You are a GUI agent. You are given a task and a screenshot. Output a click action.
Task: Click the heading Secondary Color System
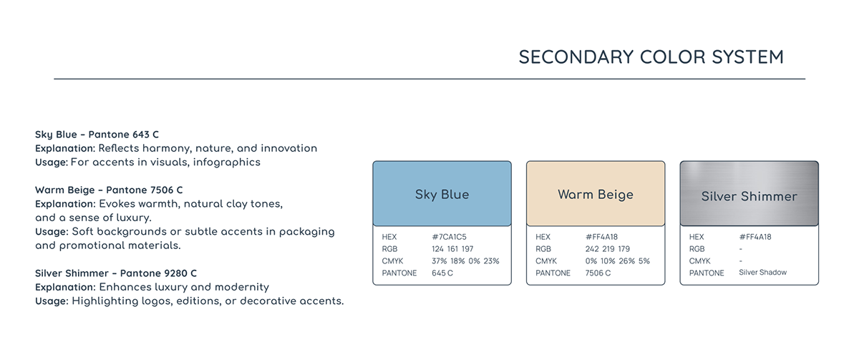coord(651,57)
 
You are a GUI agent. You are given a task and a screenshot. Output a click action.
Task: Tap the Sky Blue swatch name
coord(442,195)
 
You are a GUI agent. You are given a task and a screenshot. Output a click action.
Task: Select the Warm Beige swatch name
coord(596,195)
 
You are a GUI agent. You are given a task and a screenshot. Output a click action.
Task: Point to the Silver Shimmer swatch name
coord(749,196)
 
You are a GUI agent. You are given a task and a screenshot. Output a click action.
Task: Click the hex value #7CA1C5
coord(449,237)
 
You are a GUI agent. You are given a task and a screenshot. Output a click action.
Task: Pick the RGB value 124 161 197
coord(452,249)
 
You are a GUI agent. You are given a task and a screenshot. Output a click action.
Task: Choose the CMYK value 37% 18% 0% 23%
coord(465,261)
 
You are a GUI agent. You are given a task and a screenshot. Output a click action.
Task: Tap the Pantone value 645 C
coord(442,273)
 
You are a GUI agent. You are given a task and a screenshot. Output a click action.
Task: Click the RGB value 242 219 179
coord(608,249)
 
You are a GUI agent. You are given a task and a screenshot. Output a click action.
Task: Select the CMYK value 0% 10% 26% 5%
coord(617,261)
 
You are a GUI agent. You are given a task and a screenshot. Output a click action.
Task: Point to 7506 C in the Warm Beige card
coord(598,273)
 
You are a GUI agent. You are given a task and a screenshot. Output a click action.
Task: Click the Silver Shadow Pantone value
coord(763,273)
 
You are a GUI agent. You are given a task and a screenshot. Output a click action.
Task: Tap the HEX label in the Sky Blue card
coord(389,237)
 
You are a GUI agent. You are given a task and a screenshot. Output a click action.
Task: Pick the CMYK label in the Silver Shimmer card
coord(699,261)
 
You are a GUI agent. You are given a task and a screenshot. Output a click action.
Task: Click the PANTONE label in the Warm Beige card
coord(553,273)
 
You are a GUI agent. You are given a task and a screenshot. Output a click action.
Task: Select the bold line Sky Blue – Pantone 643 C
coord(97,135)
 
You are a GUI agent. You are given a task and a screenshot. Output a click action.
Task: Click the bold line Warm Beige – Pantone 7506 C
coord(109,190)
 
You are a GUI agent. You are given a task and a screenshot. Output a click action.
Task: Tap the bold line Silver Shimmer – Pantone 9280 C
coord(116,273)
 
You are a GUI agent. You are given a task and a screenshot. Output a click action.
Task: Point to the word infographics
coord(227,162)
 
